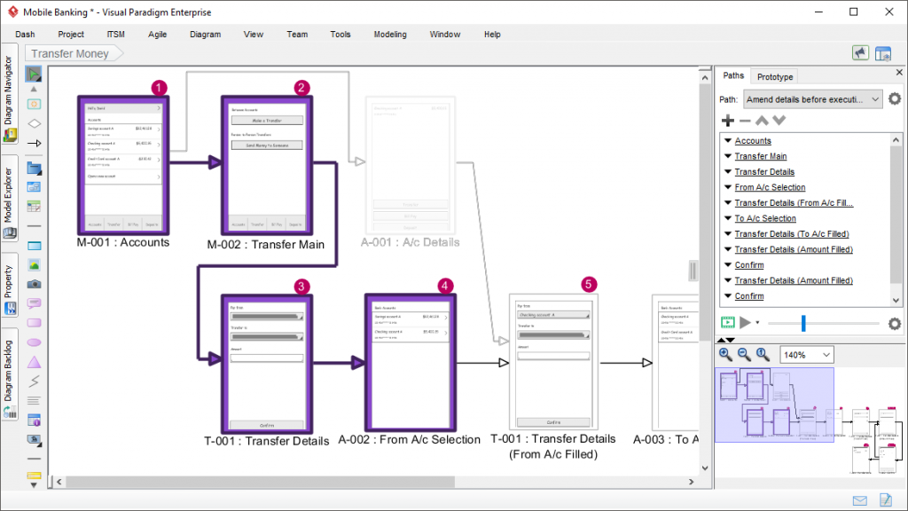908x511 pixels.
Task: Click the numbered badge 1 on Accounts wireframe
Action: pos(158,87)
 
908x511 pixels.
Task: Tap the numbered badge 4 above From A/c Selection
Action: pos(445,286)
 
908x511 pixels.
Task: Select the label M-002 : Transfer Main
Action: pos(266,244)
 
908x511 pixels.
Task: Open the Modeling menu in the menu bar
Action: pos(390,34)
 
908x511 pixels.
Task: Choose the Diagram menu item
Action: pos(205,34)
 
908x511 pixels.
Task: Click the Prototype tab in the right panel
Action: pos(775,76)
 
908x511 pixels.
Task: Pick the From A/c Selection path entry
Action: pos(770,187)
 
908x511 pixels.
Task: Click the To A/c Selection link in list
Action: pos(765,218)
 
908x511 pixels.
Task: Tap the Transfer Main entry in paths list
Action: pos(760,156)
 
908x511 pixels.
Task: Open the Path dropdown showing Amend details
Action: pos(812,99)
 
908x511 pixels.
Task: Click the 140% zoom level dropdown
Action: pos(807,355)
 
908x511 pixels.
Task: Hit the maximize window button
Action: pos(853,12)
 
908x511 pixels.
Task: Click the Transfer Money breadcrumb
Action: pos(70,53)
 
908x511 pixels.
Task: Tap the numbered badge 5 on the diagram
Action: pos(589,285)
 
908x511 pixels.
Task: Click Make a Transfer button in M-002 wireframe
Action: pos(267,120)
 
